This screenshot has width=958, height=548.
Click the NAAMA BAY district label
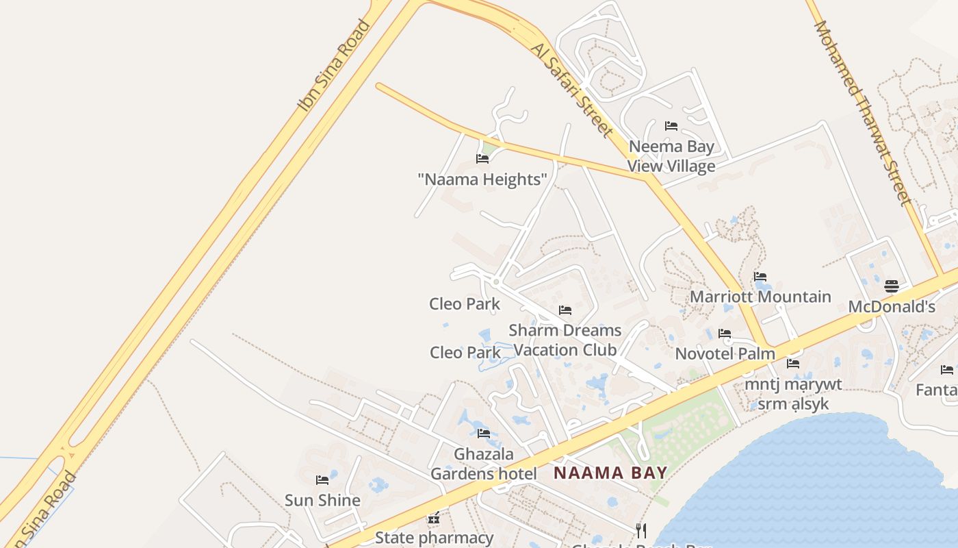coord(610,473)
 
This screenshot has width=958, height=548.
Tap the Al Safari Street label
coord(571,88)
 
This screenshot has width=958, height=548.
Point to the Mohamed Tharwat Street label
coord(862,113)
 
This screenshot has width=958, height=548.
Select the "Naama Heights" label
coord(482,179)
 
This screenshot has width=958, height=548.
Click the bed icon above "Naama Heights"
coord(482,159)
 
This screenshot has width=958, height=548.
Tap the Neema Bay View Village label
coord(671,156)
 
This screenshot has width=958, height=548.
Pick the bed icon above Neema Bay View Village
coord(671,126)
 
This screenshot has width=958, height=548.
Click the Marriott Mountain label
coord(760,297)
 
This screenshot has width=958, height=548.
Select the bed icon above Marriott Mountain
coord(760,277)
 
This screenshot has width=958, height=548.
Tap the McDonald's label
coord(892,306)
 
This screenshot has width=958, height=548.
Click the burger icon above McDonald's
coord(892,286)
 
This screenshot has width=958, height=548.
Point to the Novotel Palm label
coord(725,353)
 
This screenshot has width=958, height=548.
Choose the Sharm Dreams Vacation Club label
coord(565,340)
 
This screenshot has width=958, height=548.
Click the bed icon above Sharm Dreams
coord(565,310)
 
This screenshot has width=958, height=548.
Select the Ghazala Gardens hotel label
coord(484,464)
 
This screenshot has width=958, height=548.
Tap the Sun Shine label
coord(322,500)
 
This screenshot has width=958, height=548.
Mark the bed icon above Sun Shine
coord(322,480)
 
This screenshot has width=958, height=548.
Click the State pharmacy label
coord(434,538)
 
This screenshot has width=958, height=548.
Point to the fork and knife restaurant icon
coord(641,530)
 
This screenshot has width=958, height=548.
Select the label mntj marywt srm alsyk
coord(793,394)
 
